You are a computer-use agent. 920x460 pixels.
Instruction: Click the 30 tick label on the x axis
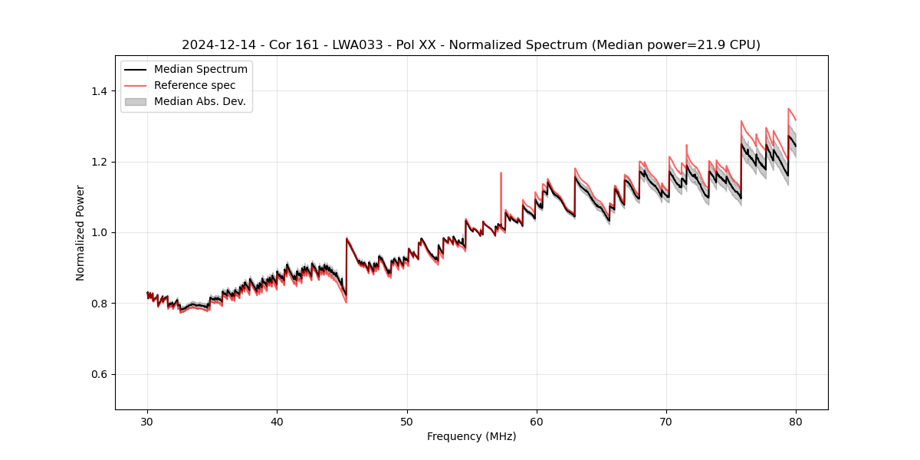pos(147,422)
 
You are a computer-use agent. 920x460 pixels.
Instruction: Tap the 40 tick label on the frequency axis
pos(277,422)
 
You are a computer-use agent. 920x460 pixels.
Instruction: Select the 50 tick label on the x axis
pos(407,422)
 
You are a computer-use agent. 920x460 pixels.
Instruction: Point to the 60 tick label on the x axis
pos(537,422)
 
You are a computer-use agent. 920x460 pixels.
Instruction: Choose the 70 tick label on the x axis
pos(666,422)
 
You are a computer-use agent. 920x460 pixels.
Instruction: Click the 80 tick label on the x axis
pos(796,422)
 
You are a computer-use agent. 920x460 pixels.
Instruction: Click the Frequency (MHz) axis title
pos(472,436)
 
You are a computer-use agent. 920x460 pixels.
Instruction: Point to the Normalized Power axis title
pos(80,232)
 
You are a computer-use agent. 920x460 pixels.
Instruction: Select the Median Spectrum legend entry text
pos(200,70)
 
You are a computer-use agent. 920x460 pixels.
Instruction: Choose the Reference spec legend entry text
pos(195,85)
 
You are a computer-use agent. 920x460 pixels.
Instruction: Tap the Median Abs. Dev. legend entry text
pos(200,101)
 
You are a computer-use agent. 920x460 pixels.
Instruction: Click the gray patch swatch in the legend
pos(135,101)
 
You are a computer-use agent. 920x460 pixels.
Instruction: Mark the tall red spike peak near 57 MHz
pos(501,173)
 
